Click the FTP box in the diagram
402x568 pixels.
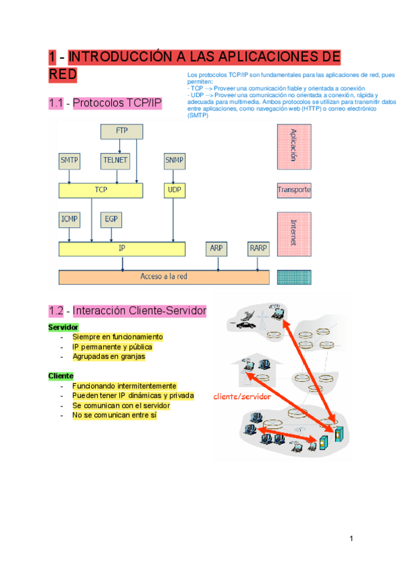click(x=121, y=131)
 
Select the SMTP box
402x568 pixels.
click(x=70, y=161)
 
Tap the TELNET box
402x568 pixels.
click(x=115, y=161)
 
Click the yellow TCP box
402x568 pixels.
click(x=100, y=190)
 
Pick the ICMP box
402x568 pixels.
click(x=70, y=219)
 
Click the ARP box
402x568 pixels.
click(x=216, y=248)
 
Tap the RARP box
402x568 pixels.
click(x=258, y=248)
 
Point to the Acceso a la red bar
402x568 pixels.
click(x=163, y=277)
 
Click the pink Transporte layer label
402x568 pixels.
click(x=294, y=190)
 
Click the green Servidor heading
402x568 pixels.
click(x=63, y=327)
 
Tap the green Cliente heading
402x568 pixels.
click(x=61, y=376)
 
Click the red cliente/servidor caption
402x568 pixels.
click(x=242, y=397)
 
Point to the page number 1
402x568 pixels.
click(x=350, y=540)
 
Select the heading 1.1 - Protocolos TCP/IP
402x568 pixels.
click(x=105, y=103)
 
